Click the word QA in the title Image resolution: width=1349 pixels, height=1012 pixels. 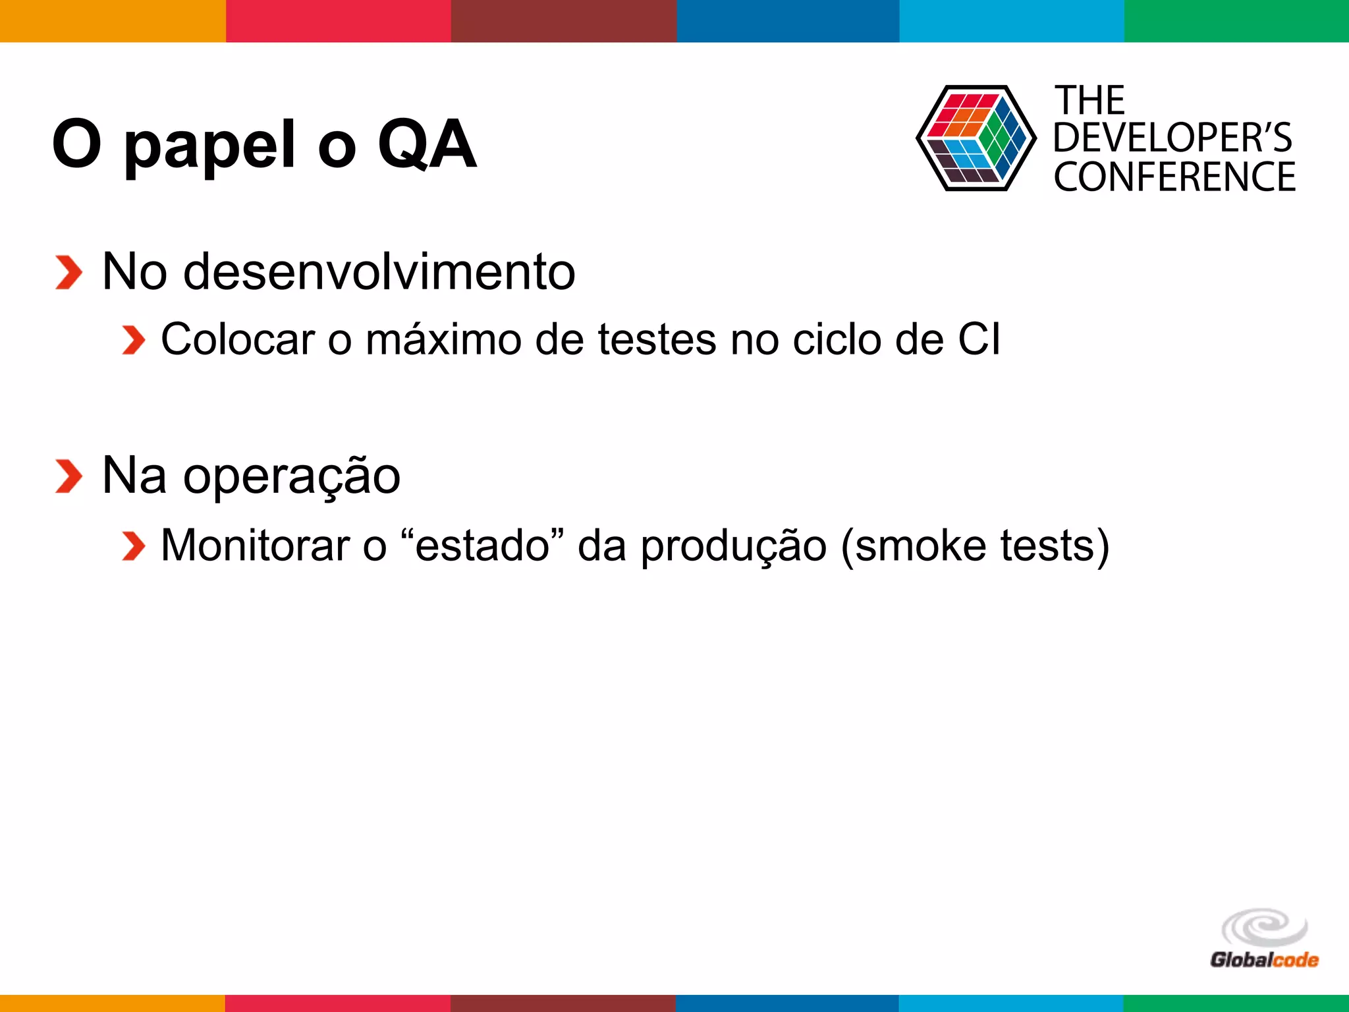click(x=427, y=145)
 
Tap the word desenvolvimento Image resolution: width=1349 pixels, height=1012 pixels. click(x=379, y=272)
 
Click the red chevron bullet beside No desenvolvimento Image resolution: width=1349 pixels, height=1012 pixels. click(x=69, y=272)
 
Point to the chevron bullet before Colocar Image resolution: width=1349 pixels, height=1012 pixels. click(x=133, y=340)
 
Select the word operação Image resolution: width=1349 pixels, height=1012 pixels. click(x=291, y=477)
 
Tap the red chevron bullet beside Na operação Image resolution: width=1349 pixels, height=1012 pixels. click(x=69, y=476)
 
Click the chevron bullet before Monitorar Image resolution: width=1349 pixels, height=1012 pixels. click(x=133, y=546)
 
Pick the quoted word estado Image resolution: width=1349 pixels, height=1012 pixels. click(x=483, y=546)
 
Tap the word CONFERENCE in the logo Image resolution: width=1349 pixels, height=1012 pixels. click(x=1174, y=177)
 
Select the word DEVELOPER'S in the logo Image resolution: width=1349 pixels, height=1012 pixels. click(x=1172, y=138)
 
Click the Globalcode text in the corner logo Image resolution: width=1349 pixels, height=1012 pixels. click(x=1264, y=959)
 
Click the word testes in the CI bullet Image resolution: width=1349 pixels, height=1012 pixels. click(x=657, y=340)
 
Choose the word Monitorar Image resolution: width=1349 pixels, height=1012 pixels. click(x=256, y=546)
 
